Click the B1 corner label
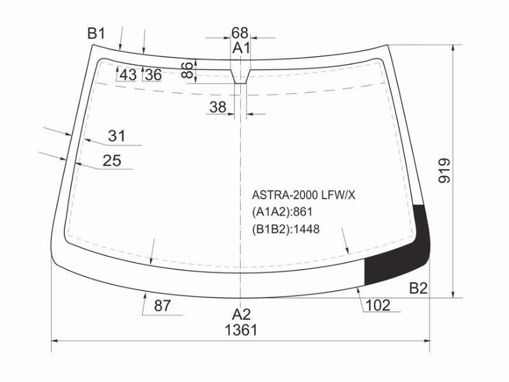pos(96,34)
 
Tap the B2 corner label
pos(419,288)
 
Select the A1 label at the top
pos(241,48)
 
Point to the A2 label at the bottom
pos(241,315)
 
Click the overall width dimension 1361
pos(241,330)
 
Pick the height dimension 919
pos(445,171)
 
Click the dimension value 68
pos(240,32)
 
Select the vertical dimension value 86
pos(188,70)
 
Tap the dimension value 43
pos(128,75)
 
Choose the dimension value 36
pos(154,75)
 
